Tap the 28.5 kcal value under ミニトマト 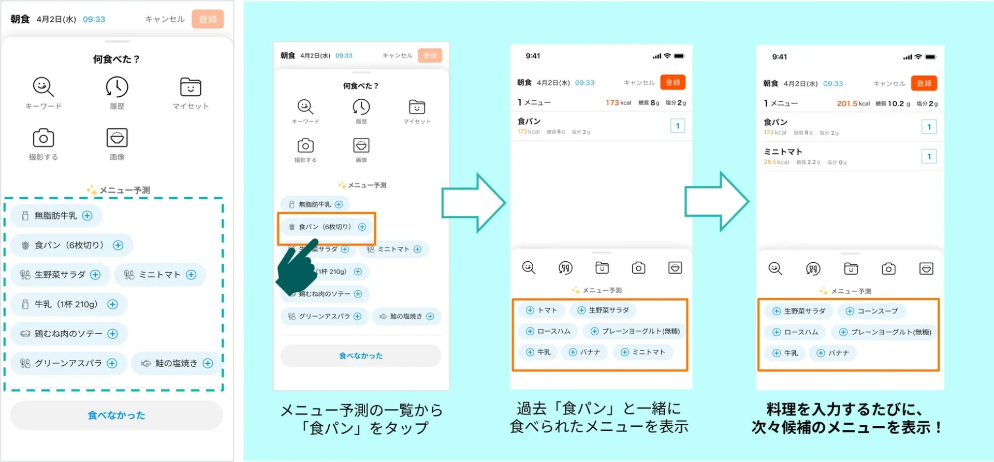click(x=776, y=162)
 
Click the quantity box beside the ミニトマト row click(x=929, y=156)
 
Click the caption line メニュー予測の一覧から click(x=361, y=410)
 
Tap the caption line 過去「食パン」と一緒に click(x=598, y=408)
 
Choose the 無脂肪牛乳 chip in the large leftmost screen click(x=56, y=216)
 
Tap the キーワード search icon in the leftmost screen click(x=43, y=87)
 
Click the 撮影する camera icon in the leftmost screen click(x=43, y=138)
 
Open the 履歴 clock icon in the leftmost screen click(x=117, y=87)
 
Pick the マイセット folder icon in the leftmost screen click(x=191, y=87)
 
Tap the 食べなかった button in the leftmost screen click(x=116, y=415)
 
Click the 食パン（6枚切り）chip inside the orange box click(x=326, y=227)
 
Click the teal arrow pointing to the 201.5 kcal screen click(x=717, y=201)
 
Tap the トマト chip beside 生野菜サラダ click(x=542, y=310)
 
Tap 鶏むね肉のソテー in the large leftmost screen click(x=69, y=334)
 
